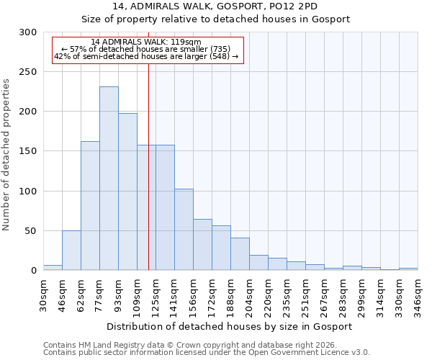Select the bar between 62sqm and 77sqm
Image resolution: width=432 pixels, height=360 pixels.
[90, 206]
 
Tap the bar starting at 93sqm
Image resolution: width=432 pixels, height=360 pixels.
[127, 192]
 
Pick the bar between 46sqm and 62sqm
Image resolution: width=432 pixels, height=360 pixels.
[71, 251]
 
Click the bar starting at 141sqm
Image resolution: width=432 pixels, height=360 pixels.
[184, 230]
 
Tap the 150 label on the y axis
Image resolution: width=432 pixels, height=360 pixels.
[28, 152]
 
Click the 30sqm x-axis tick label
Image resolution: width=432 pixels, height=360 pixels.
[44, 295]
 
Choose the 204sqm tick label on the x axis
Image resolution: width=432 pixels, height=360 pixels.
[250, 295]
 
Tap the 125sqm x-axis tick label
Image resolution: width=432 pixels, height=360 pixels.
[156, 295]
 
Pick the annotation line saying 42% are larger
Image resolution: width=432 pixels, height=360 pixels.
[146, 56]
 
